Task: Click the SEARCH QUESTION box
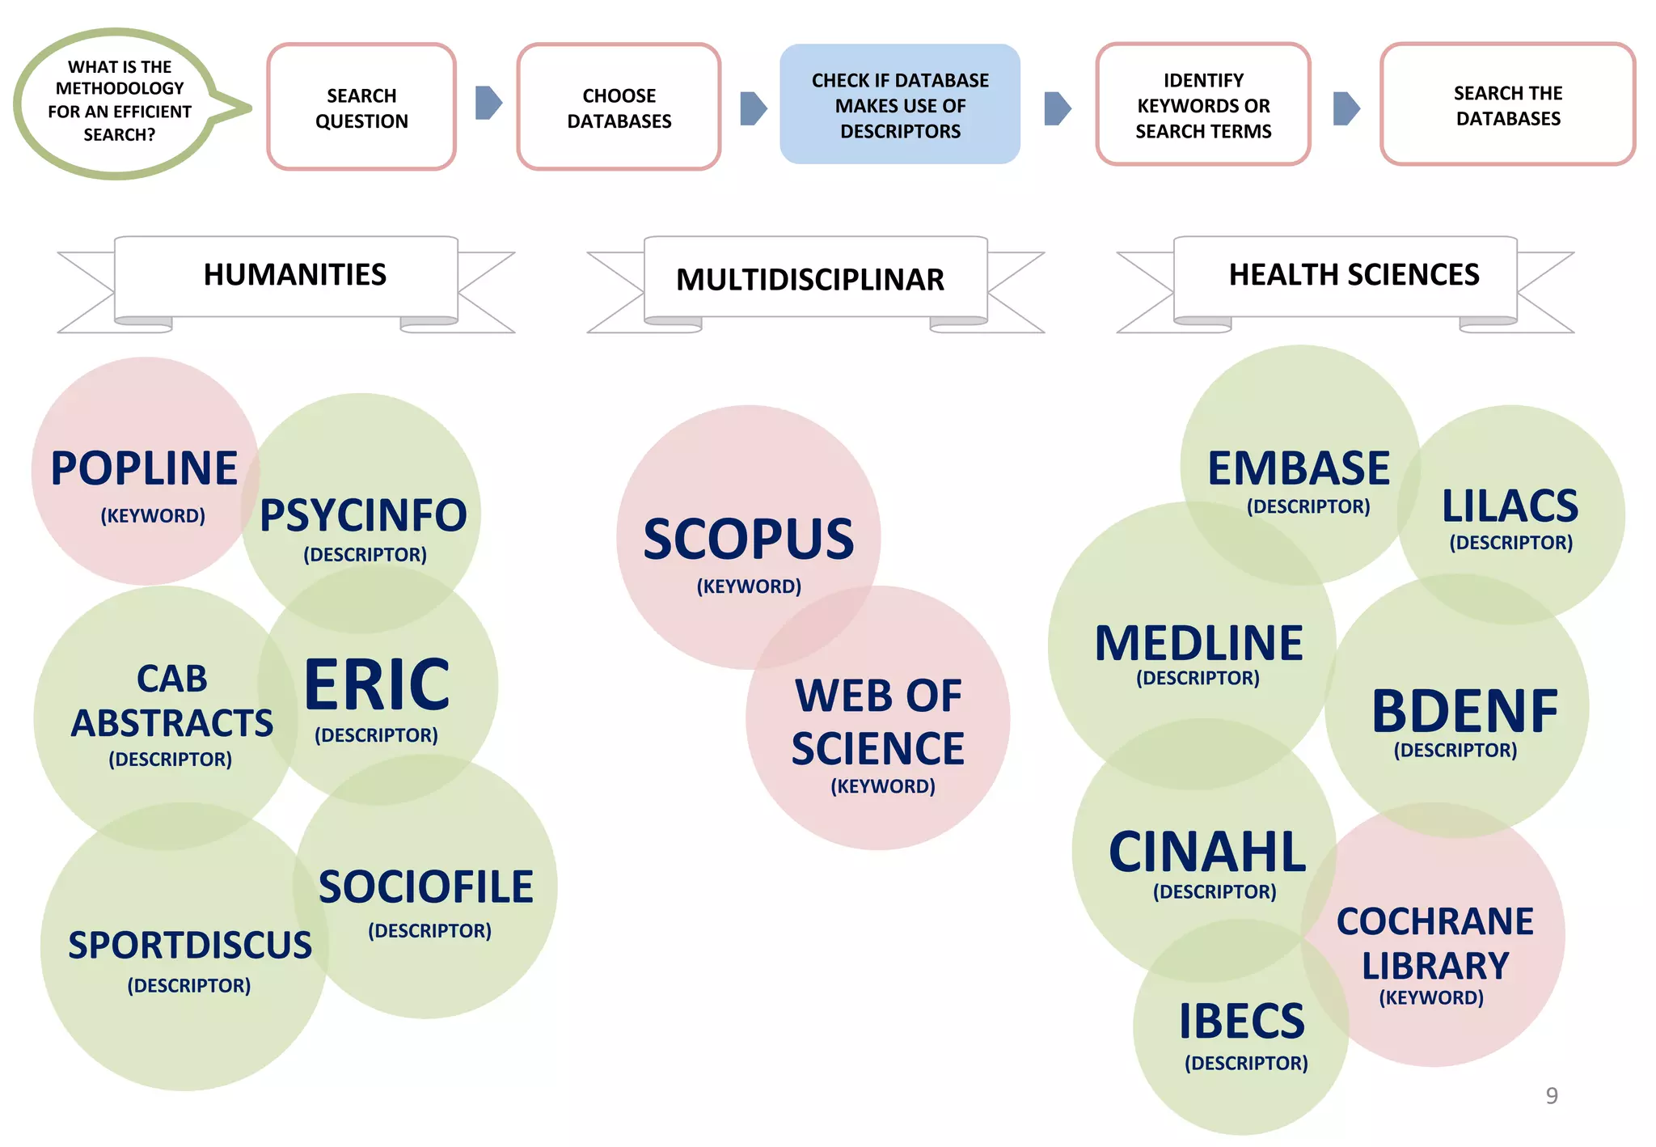pos(361,107)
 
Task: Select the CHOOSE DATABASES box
pos(619,107)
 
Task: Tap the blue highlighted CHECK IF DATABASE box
pos(899,105)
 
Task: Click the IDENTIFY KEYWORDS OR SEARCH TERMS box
pos(1202,105)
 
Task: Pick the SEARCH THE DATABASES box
pos(1507,105)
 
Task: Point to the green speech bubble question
pos(119,102)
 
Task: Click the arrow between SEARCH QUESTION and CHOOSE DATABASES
pos(488,103)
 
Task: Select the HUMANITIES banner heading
pos(294,275)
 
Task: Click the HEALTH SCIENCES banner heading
pos(1354,275)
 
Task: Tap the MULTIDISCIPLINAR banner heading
pos(809,280)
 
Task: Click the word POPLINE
pos(144,468)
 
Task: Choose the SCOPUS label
pos(748,540)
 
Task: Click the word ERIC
pos(377,685)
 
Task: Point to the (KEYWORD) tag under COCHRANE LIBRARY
pos(1430,997)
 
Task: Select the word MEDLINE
pos(1198,644)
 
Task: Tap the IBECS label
pos(1241,1022)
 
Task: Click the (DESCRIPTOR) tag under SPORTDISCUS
pos(188,985)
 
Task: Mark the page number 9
pos(1551,1095)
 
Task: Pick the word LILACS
pos(1510,506)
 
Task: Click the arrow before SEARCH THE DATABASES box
pos(1345,108)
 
